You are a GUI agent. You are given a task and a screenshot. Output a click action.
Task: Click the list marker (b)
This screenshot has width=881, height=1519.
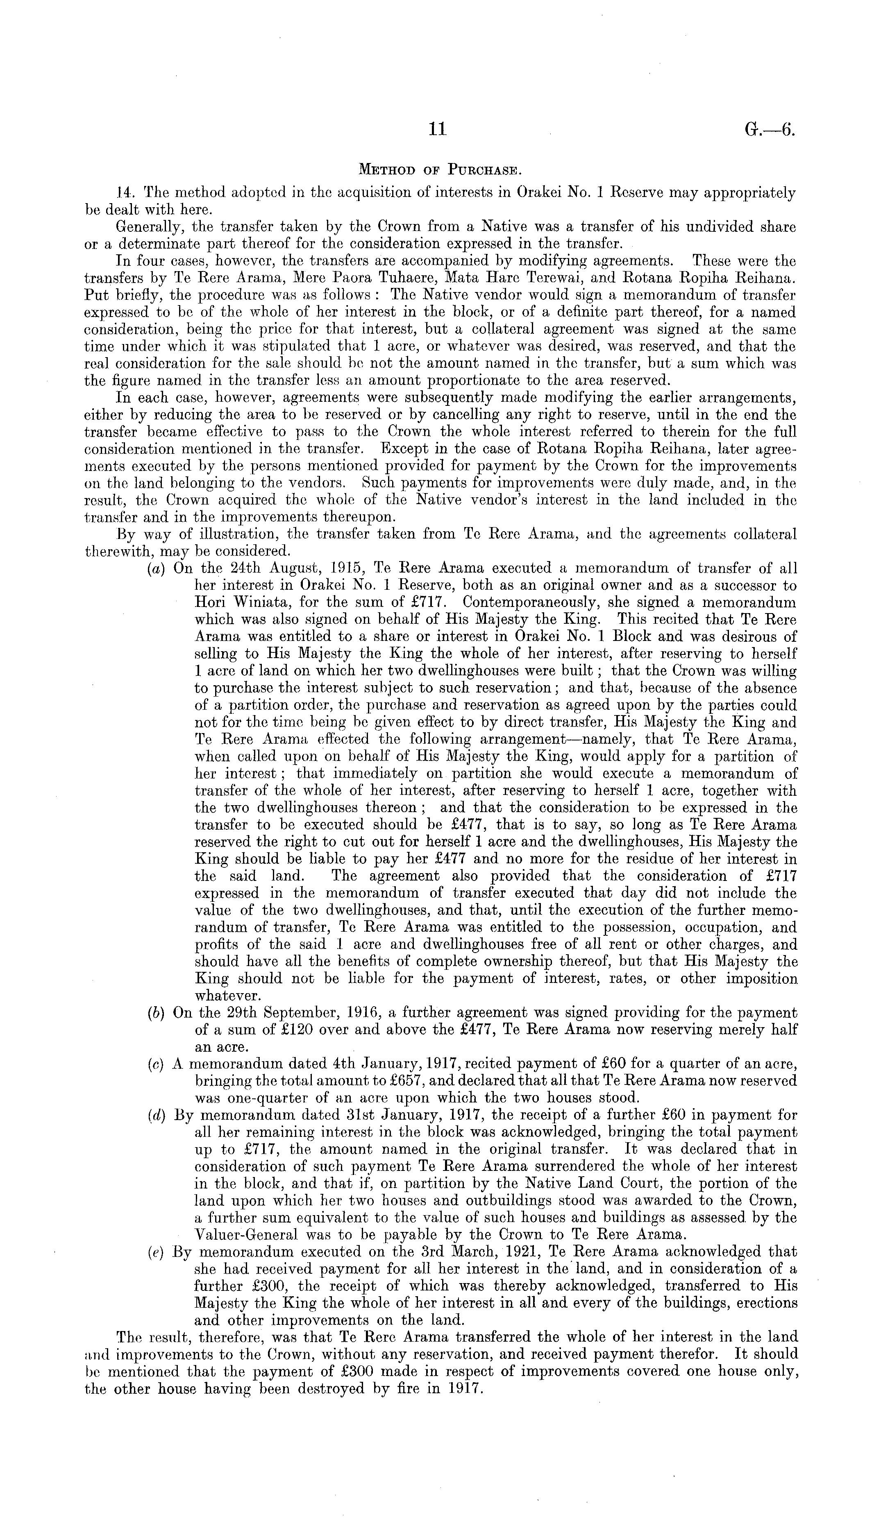(x=157, y=1013)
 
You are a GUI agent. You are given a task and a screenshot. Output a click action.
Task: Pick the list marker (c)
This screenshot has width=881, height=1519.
(x=157, y=1064)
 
